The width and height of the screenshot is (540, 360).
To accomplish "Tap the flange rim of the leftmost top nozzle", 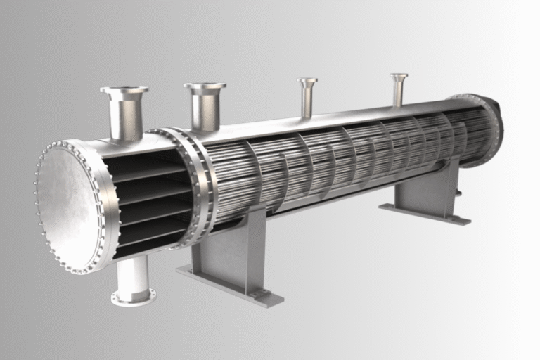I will [x=124, y=90].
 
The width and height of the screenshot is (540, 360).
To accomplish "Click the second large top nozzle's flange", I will [x=205, y=86].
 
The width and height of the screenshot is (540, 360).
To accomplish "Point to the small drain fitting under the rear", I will [x=458, y=191].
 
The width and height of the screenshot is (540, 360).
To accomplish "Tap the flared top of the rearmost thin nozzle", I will [x=399, y=76].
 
